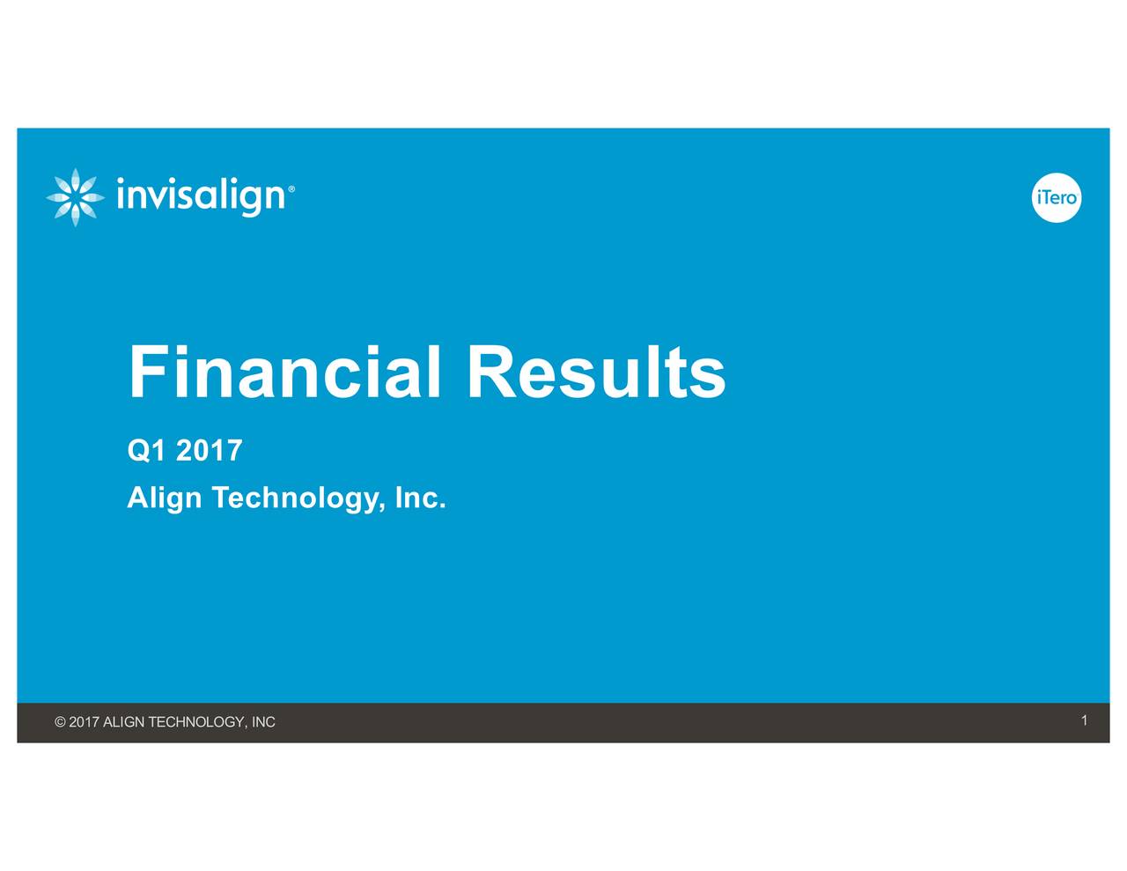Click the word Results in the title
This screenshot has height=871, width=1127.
pyautogui.click(x=595, y=373)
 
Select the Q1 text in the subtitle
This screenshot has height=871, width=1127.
pyautogui.click(x=146, y=451)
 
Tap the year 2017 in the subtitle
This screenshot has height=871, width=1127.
pyautogui.click(x=209, y=451)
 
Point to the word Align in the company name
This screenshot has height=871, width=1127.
pyautogui.click(x=164, y=498)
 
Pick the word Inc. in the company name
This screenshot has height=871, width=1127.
pyautogui.click(x=420, y=498)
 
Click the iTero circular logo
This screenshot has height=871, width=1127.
pyautogui.click(x=1056, y=197)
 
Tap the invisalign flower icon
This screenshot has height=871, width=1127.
pyautogui.click(x=75, y=197)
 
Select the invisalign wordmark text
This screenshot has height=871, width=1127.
pyautogui.click(x=201, y=196)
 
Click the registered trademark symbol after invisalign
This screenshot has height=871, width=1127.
pyautogui.click(x=291, y=188)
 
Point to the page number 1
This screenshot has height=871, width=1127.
pyautogui.click(x=1085, y=721)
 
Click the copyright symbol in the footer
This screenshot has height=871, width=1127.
pyautogui.click(x=60, y=722)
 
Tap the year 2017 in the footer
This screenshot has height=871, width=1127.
pyautogui.click(x=84, y=722)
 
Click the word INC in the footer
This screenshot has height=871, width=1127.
pyautogui.click(x=263, y=722)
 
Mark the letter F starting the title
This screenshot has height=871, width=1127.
pyautogui.click(x=146, y=373)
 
